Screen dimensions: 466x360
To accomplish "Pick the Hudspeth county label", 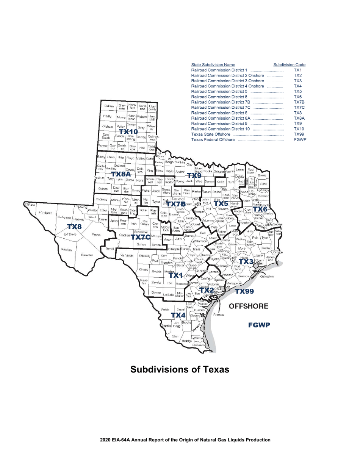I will pos(46,213).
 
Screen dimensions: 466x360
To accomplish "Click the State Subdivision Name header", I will pos(213,65).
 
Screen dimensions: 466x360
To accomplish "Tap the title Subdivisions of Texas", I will pos(180,369).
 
